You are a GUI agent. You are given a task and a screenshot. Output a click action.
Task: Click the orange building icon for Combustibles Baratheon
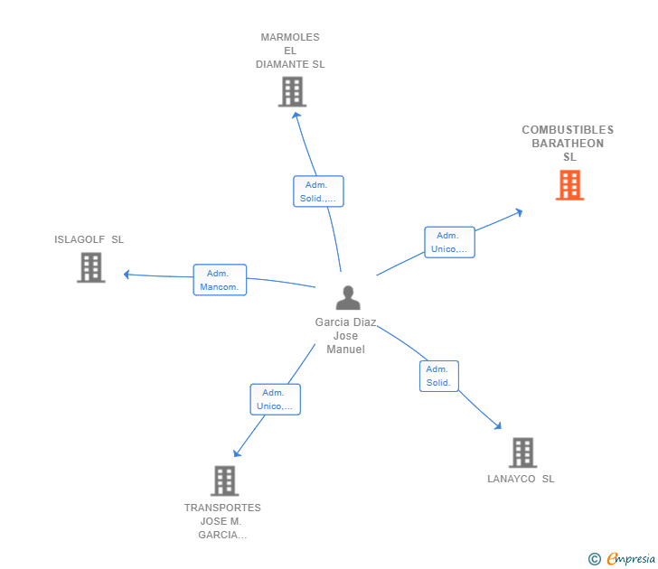(569, 185)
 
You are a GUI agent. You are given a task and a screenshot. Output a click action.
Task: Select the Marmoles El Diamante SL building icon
(292, 92)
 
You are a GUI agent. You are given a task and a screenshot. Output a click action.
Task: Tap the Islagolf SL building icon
(90, 267)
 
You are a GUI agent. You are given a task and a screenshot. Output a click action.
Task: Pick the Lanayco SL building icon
(522, 452)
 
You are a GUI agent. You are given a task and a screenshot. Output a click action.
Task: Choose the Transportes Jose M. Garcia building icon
(224, 480)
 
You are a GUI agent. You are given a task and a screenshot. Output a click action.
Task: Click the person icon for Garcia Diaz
(347, 297)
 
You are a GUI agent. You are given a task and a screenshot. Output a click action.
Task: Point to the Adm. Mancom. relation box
(220, 280)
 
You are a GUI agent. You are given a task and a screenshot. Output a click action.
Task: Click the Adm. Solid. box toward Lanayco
(438, 376)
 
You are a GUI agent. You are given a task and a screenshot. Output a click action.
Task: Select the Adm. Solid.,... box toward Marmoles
(318, 191)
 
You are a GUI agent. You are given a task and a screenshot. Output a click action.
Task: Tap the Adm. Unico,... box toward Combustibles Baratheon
(449, 242)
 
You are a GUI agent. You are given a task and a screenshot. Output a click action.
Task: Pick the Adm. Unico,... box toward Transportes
(275, 399)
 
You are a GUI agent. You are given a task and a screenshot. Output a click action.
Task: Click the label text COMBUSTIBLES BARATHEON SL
(568, 144)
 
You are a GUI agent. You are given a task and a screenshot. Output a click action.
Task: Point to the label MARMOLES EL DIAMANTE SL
(290, 51)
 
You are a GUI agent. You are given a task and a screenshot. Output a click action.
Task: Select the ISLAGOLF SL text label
(89, 240)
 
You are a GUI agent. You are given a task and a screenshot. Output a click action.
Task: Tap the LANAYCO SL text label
(521, 480)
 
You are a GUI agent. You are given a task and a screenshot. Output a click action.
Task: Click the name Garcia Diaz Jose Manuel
(345, 336)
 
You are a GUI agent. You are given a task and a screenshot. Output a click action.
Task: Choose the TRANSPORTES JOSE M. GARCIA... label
(222, 521)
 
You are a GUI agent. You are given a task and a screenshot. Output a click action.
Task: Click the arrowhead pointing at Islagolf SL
(127, 274)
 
